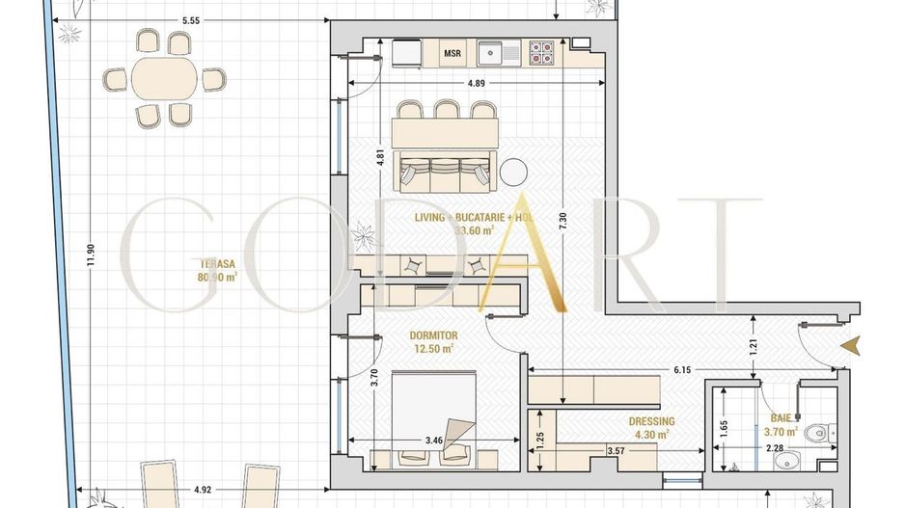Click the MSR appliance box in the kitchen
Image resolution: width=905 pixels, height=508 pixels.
coord(452,53)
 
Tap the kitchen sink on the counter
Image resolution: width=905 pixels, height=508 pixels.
coord(494,53)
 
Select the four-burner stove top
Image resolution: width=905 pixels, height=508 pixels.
coord(541,52)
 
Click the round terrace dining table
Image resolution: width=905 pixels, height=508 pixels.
coord(163,78)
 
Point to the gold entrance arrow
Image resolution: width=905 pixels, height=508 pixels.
coord(850,344)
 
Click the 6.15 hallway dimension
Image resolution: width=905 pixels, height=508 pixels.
coord(682,369)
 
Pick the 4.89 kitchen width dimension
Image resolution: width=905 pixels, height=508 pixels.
coord(476,84)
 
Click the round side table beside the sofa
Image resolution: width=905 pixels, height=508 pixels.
coord(514,171)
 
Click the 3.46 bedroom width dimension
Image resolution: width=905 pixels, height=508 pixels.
coord(433,441)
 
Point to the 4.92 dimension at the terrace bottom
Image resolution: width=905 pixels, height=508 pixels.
coord(203,488)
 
